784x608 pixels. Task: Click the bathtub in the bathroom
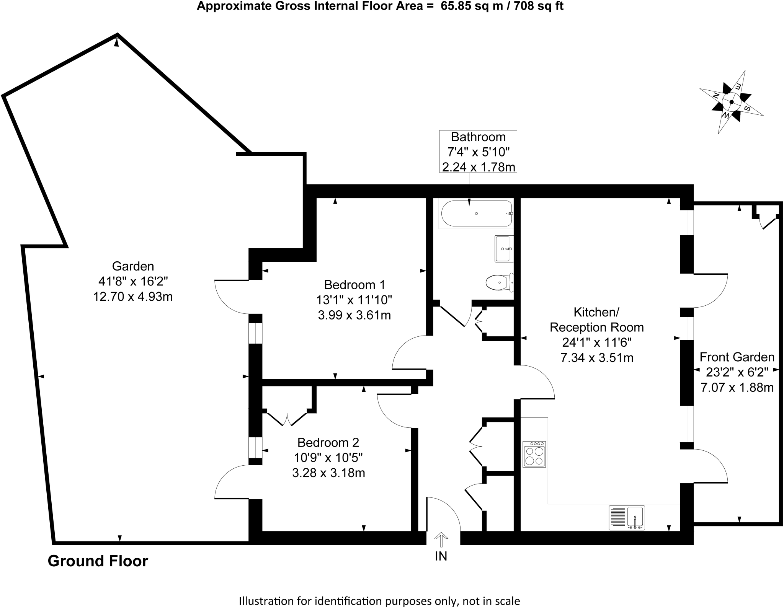pyautogui.click(x=477, y=214)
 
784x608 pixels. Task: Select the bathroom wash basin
pyautogui.click(x=503, y=249)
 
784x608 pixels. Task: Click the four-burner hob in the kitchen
pyautogui.click(x=534, y=454)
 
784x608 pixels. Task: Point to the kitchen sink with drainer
pyautogui.click(x=627, y=518)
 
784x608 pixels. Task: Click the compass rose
pyautogui.click(x=731, y=102)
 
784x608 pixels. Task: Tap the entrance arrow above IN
pyautogui.click(x=441, y=540)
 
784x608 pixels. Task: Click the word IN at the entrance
pyautogui.click(x=441, y=556)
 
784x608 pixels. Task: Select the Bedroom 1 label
pyautogui.click(x=354, y=285)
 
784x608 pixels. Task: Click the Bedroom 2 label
pyautogui.click(x=328, y=442)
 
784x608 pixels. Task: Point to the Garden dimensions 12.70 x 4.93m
pyautogui.click(x=133, y=297)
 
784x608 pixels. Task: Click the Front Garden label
pyautogui.click(x=737, y=357)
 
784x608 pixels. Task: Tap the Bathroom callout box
pyautogui.click(x=478, y=152)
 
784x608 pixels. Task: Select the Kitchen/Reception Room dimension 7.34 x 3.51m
pyautogui.click(x=597, y=358)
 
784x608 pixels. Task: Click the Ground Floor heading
pyautogui.click(x=98, y=561)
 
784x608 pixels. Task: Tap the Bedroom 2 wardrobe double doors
pyautogui.click(x=287, y=419)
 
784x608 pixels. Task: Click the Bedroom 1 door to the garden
pyautogui.click(x=232, y=297)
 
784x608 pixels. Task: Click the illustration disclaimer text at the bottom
pyautogui.click(x=379, y=601)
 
